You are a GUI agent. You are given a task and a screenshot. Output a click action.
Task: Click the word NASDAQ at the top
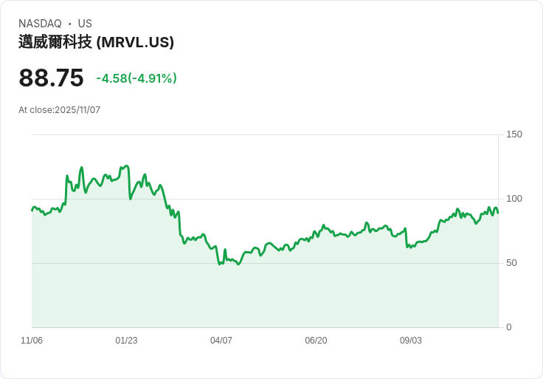pos(40,24)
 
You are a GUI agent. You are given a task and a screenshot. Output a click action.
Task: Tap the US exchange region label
pos(85,24)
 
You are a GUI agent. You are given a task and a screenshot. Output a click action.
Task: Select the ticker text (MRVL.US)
pos(136,42)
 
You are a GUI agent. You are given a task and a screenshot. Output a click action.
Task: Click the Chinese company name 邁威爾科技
pos(55,42)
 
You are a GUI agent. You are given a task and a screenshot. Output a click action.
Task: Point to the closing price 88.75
pos(51,78)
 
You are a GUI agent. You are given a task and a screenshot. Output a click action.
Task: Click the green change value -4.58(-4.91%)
pos(136,78)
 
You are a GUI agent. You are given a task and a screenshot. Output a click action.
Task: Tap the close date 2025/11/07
pos(77,110)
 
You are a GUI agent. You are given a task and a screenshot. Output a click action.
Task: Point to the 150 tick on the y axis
pos(514,134)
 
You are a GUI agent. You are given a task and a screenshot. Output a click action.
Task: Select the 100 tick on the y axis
pos(514,199)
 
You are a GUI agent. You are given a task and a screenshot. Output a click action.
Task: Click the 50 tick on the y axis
pos(512,263)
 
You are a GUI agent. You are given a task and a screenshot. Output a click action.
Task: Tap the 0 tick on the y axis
pos(509,327)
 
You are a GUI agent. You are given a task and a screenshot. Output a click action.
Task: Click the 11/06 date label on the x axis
pos(32,341)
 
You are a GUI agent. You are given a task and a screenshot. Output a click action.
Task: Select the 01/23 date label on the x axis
pos(126,341)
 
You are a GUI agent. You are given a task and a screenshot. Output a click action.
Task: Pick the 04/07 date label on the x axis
pos(221,341)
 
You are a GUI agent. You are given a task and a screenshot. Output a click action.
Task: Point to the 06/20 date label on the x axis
pos(316,341)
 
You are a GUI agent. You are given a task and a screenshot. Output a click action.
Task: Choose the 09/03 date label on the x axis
pos(411,341)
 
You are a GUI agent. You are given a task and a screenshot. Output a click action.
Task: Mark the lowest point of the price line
pos(220,264)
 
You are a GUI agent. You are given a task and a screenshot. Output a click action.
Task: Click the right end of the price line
pos(498,213)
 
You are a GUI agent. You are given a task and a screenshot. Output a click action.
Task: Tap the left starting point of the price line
pos(32,211)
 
